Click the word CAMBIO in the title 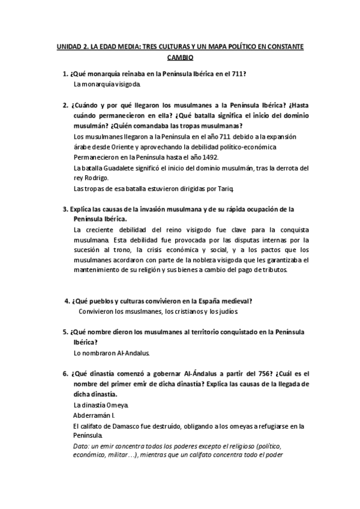coord(179,58)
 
